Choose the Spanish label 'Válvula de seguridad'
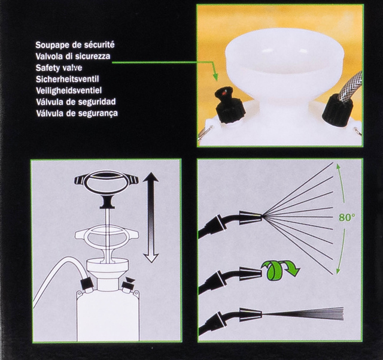coord(84,102)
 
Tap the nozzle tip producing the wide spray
coord(251,217)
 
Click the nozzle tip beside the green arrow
coord(251,274)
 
